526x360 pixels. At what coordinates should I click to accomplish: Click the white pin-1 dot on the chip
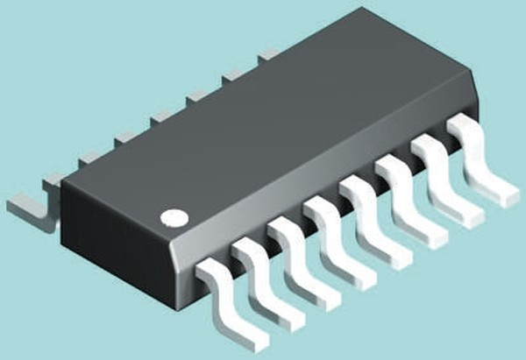click(x=174, y=215)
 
